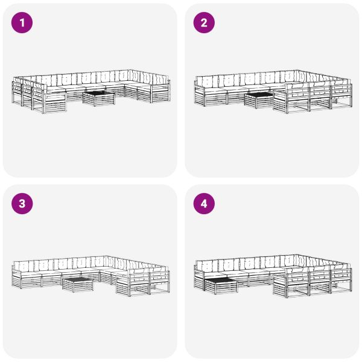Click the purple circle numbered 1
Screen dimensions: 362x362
coord(22,23)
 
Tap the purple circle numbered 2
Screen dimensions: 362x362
coord(204,23)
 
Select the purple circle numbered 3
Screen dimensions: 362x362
coord(22,204)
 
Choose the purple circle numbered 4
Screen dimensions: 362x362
coord(204,204)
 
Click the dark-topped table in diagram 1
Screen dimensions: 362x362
coord(99,98)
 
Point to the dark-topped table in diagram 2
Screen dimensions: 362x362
coord(259,100)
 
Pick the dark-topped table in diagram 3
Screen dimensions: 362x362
coord(78,285)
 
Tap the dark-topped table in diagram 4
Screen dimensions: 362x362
coord(221,286)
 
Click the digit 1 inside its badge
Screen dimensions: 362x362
coord(22,23)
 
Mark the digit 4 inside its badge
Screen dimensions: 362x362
coord(204,204)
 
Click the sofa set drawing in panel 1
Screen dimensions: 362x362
coord(91,92)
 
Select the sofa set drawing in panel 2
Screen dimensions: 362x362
coord(273,92)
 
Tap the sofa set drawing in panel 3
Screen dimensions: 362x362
coord(91,276)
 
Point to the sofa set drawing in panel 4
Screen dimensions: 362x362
coord(273,276)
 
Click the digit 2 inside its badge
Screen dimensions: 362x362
coord(204,23)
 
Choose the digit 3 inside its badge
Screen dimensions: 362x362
coord(22,204)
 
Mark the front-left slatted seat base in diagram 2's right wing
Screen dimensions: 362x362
coord(280,102)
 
